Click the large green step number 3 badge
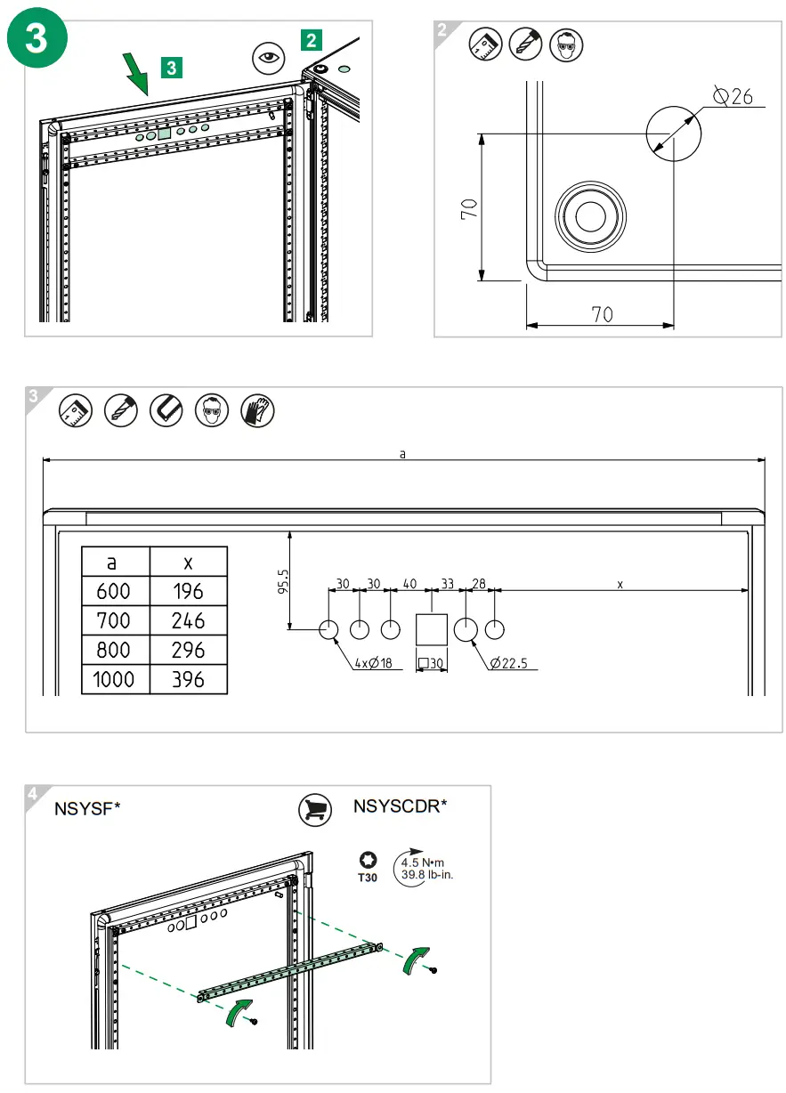pyautogui.click(x=37, y=43)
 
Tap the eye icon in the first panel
pyautogui.click(x=266, y=60)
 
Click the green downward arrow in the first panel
pyautogui.click(x=136, y=73)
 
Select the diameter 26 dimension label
pyautogui.click(x=733, y=96)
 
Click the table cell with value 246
pyautogui.click(x=188, y=620)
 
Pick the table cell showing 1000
pyautogui.click(x=114, y=680)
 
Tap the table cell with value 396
pyautogui.click(x=188, y=680)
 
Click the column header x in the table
pyautogui.click(x=188, y=562)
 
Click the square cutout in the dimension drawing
pyautogui.click(x=433, y=629)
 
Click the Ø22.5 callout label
pyautogui.click(x=515, y=662)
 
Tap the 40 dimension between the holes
pyautogui.click(x=409, y=584)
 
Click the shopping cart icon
pyautogui.click(x=315, y=808)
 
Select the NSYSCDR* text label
pyautogui.click(x=400, y=806)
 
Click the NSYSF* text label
pyautogui.click(x=87, y=809)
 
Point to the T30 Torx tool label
pyautogui.click(x=368, y=877)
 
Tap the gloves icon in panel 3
pyautogui.click(x=257, y=409)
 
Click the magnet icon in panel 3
pyautogui.click(x=166, y=409)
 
